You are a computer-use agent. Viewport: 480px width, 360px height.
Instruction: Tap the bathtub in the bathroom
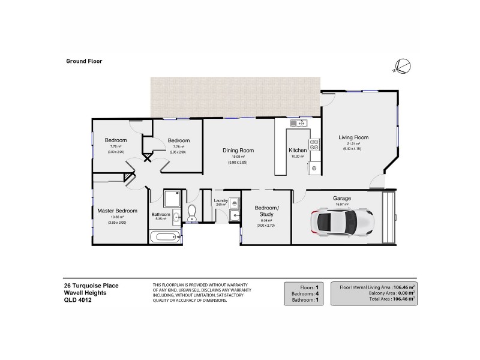click(x=164, y=237)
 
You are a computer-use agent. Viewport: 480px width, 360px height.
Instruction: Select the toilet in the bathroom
click(x=191, y=212)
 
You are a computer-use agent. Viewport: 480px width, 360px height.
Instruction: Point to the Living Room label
click(x=353, y=137)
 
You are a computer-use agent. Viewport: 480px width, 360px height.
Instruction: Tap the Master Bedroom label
click(x=118, y=211)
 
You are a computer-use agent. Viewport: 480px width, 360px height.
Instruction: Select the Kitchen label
click(x=298, y=150)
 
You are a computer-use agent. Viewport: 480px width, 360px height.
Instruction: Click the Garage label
click(x=342, y=198)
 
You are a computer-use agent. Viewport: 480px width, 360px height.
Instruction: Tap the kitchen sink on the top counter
click(x=298, y=124)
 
